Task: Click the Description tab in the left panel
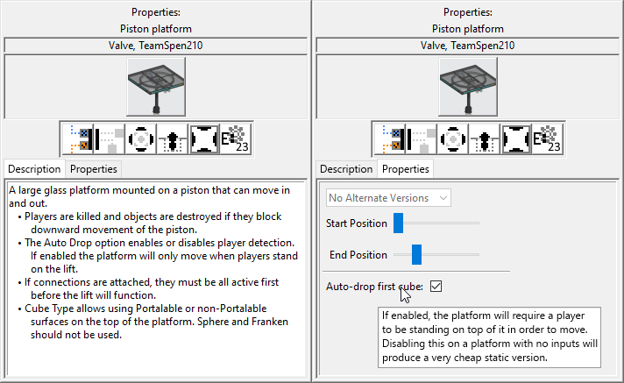(x=34, y=169)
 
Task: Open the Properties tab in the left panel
(x=94, y=169)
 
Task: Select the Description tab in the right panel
(x=346, y=169)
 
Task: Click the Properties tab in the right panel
(x=406, y=169)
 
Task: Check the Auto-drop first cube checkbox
(x=436, y=286)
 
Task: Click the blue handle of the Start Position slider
(x=398, y=223)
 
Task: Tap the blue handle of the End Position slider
(x=417, y=255)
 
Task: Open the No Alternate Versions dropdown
(x=389, y=198)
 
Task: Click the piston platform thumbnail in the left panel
(x=156, y=86)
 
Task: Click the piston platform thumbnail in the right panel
(x=468, y=86)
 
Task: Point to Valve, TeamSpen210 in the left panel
(x=156, y=46)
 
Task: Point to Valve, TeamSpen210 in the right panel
(x=468, y=46)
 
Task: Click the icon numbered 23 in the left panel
(x=234, y=138)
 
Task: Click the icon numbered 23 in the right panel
(x=546, y=138)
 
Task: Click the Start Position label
(x=356, y=223)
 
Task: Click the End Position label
(x=358, y=255)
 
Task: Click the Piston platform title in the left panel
(x=156, y=28)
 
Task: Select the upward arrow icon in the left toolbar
(x=172, y=138)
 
